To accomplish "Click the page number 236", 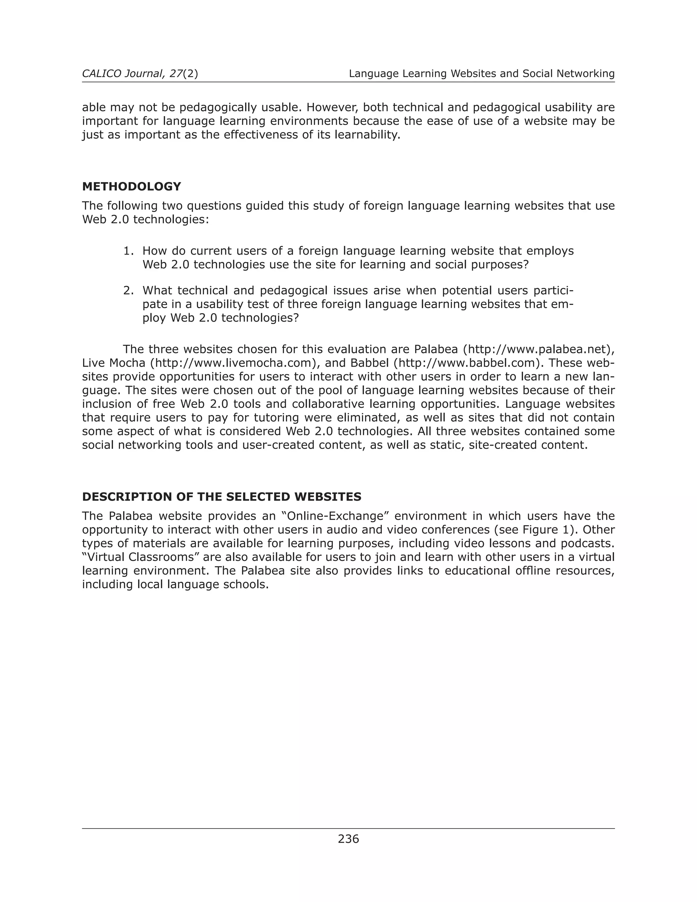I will point(348,839).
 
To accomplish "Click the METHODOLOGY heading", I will point(131,187).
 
